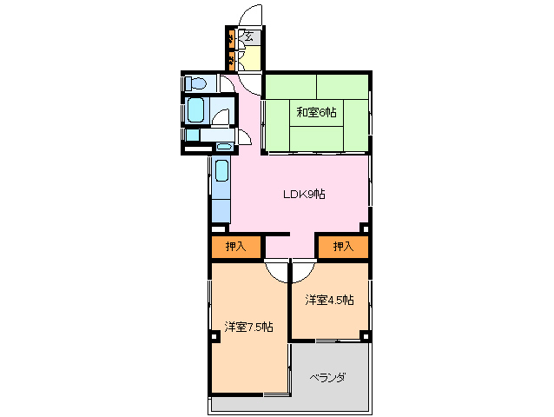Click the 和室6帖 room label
pyautogui.click(x=316, y=112)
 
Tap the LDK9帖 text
pyautogui.click(x=304, y=194)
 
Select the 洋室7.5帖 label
pyautogui.click(x=248, y=327)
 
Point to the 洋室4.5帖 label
pyautogui.click(x=329, y=300)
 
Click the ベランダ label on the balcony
pyautogui.click(x=327, y=378)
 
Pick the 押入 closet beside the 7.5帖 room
pyautogui.click(x=236, y=247)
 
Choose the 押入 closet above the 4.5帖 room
pyautogui.click(x=343, y=247)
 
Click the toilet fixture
pyautogui.click(x=195, y=83)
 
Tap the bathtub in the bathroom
pyautogui.click(x=195, y=110)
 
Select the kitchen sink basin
pyautogui.click(x=221, y=170)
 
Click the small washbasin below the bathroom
pyautogui.click(x=224, y=146)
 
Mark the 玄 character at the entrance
pyautogui.click(x=249, y=36)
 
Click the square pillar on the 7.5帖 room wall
pyautogui.click(x=214, y=336)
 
